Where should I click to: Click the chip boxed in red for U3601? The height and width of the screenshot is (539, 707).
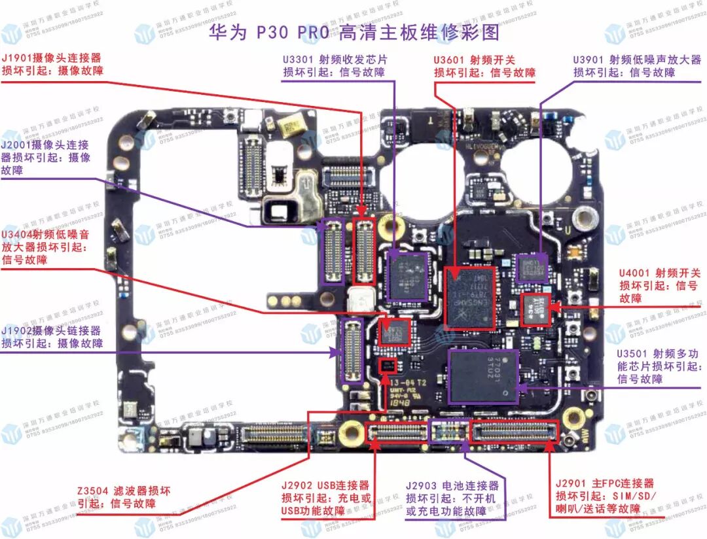(x=469, y=297)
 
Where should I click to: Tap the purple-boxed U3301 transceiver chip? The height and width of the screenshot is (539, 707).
(x=407, y=274)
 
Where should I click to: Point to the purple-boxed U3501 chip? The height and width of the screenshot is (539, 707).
(x=484, y=376)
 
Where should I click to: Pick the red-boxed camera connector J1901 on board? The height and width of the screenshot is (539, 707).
(x=364, y=251)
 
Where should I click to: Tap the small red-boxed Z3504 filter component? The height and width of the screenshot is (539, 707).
(x=388, y=366)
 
